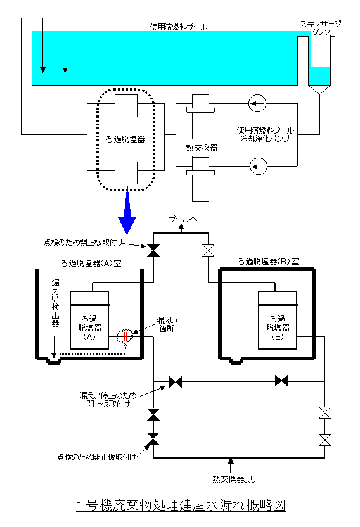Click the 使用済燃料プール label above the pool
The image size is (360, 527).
tap(178, 27)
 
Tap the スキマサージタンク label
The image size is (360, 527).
tap(320, 28)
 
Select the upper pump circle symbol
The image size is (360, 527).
tap(257, 103)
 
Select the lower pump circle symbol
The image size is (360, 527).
tap(259, 166)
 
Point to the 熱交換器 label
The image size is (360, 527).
tap(202, 148)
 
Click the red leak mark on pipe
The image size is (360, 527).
tap(125, 336)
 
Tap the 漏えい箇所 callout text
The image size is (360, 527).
tap(167, 324)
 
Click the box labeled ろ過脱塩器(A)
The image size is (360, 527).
tap(89, 320)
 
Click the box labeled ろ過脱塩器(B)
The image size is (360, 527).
tap(277, 320)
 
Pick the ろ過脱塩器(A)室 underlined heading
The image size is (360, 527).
tap(91, 263)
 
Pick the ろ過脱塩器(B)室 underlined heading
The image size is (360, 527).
tap(269, 262)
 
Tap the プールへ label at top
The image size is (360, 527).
tap(183, 219)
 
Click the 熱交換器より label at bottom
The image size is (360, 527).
tap(234, 479)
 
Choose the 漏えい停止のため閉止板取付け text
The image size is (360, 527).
tap(108, 400)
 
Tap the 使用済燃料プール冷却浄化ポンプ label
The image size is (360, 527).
tap(265, 134)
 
